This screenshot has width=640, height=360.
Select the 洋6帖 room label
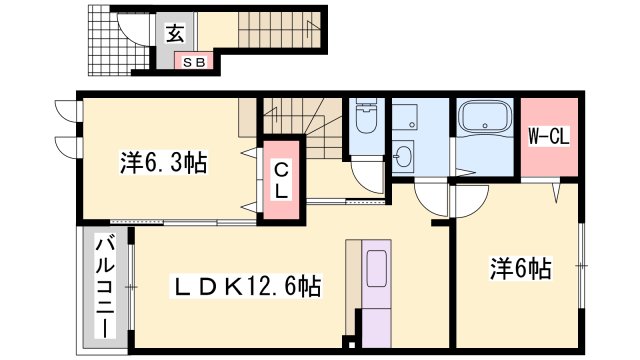[x=520, y=268]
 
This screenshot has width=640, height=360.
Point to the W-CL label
[x=548, y=136]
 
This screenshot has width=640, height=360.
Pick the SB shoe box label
[x=193, y=62]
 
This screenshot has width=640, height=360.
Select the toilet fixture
[x=366, y=123]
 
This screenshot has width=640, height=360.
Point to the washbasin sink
[x=404, y=157]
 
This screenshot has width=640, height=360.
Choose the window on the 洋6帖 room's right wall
[x=581, y=265]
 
